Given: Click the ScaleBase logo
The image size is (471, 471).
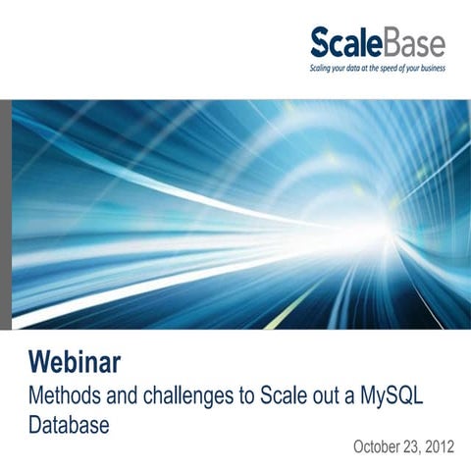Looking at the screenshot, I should click(x=377, y=44).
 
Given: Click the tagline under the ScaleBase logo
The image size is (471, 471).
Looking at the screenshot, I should click(x=377, y=70).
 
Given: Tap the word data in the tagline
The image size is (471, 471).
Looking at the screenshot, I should click(x=344, y=70).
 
